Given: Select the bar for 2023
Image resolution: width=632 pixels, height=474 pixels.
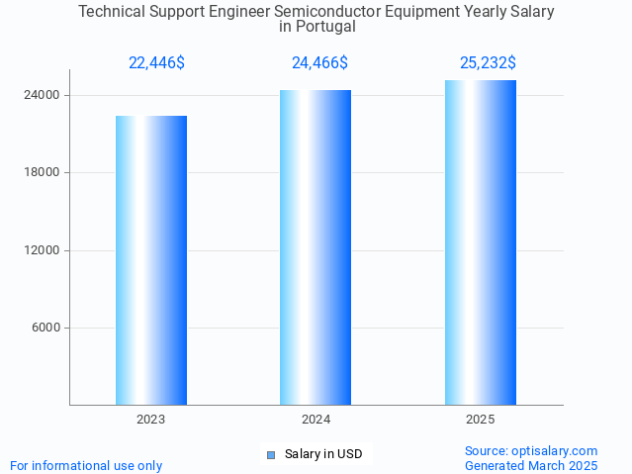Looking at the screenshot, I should tap(151, 260).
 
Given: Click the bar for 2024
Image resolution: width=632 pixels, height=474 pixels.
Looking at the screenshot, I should tap(316, 247).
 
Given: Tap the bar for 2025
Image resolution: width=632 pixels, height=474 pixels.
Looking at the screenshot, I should tap(481, 242).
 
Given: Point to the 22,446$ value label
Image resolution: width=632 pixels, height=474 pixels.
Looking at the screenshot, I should tap(156, 63).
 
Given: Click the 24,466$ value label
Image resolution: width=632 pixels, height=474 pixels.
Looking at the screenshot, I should tap(319, 63).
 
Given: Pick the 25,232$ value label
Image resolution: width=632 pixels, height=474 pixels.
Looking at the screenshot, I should tap(488, 63).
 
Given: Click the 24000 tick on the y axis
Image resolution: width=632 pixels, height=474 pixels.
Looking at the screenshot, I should tap(41, 96).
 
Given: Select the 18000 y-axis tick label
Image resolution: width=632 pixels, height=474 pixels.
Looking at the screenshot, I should tap(41, 173).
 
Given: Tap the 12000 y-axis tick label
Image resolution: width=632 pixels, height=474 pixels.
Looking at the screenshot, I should tap(41, 250).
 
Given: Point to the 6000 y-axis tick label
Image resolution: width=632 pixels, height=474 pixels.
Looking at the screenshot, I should tap(45, 329).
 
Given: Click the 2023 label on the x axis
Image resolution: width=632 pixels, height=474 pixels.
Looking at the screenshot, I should tap(151, 420).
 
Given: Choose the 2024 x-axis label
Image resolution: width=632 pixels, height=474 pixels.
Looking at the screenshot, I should tap(316, 420).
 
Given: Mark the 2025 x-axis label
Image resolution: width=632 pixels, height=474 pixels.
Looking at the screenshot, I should tap(481, 420).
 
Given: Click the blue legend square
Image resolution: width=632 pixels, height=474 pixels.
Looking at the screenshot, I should tap(270, 455).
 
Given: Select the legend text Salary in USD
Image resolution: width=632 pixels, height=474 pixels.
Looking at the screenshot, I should tap(323, 455).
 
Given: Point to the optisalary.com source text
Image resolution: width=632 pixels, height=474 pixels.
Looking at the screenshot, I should tap(531, 451).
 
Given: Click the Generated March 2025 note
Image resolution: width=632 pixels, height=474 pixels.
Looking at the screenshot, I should tap(531, 466).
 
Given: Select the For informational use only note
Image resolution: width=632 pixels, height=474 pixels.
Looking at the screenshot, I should tap(86, 466).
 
